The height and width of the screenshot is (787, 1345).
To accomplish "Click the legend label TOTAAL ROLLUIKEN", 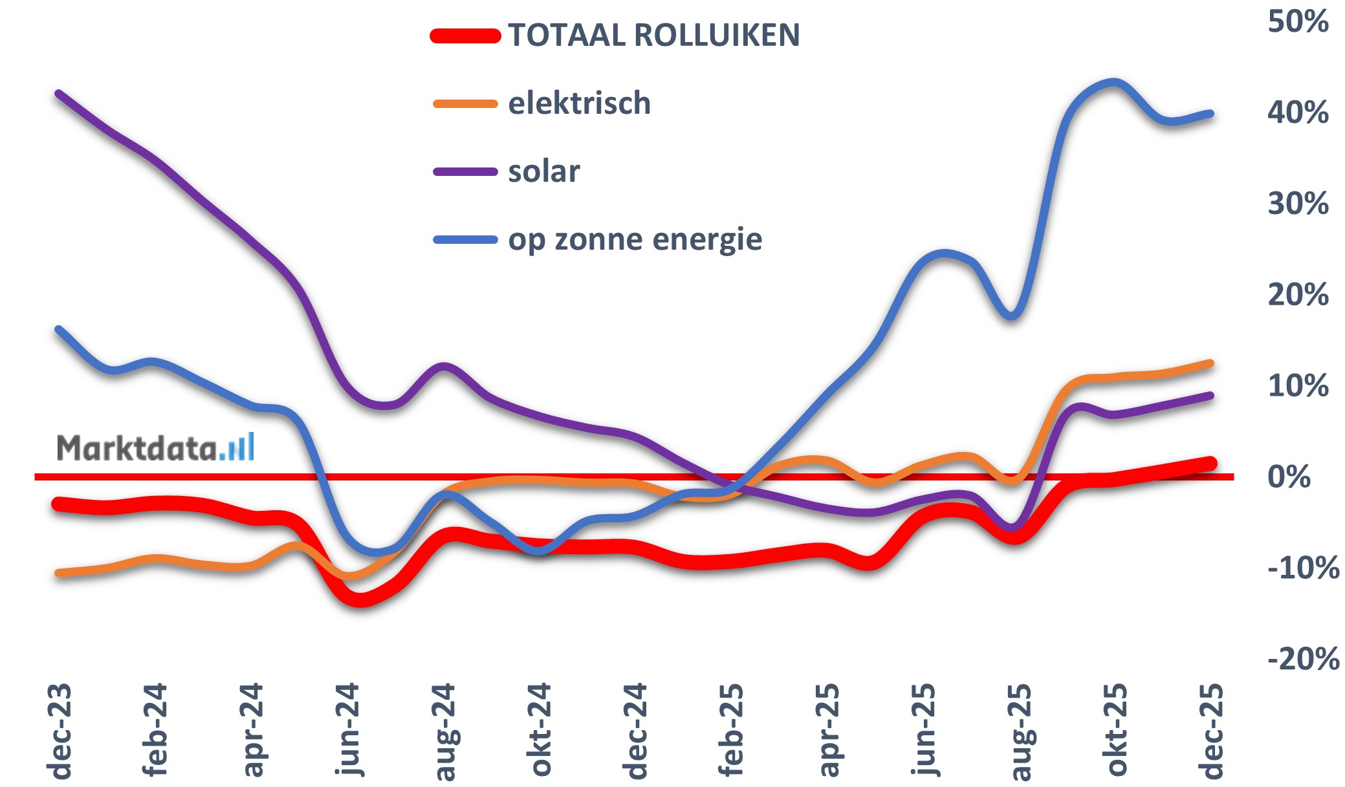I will pyautogui.click(x=653, y=35).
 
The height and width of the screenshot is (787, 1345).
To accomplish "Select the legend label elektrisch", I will pyautogui.click(x=579, y=103).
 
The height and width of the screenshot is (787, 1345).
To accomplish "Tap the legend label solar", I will pyautogui.click(x=543, y=172).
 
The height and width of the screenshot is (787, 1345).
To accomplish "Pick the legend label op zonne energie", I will pyautogui.click(x=635, y=240).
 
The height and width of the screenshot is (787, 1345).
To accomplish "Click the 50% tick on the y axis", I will pyautogui.click(x=1297, y=21).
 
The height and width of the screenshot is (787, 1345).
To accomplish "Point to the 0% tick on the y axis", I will pyautogui.click(x=1289, y=477).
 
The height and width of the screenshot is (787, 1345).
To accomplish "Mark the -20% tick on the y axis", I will pyautogui.click(x=1302, y=660).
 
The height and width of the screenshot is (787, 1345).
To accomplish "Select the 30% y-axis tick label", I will pyautogui.click(x=1297, y=204).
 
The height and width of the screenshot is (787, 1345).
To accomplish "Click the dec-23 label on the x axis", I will pyautogui.click(x=60, y=731).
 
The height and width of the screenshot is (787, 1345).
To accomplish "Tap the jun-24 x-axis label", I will pyautogui.click(x=348, y=729).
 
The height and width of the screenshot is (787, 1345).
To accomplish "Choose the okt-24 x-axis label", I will pyautogui.click(x=540, y=729).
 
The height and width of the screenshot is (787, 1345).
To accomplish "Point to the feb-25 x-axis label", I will pyautogui.click(x=732, y=729).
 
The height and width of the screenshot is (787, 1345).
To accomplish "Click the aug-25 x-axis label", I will pyautogui.click(x=1020, y=731).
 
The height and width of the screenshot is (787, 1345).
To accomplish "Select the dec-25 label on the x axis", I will pyautogui.click(x=1211, y=731).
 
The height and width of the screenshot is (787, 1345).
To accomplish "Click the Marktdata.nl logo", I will pyautogui.click(x=155, y=447).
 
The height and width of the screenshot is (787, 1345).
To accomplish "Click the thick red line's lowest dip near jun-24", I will pyautogui.click(x=360, y=600).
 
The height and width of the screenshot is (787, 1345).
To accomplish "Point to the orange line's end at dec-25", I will pyautogui.click(x=1210, y=363).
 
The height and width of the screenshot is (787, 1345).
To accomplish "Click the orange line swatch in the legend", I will pyautogui.click(x=465, y=103).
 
